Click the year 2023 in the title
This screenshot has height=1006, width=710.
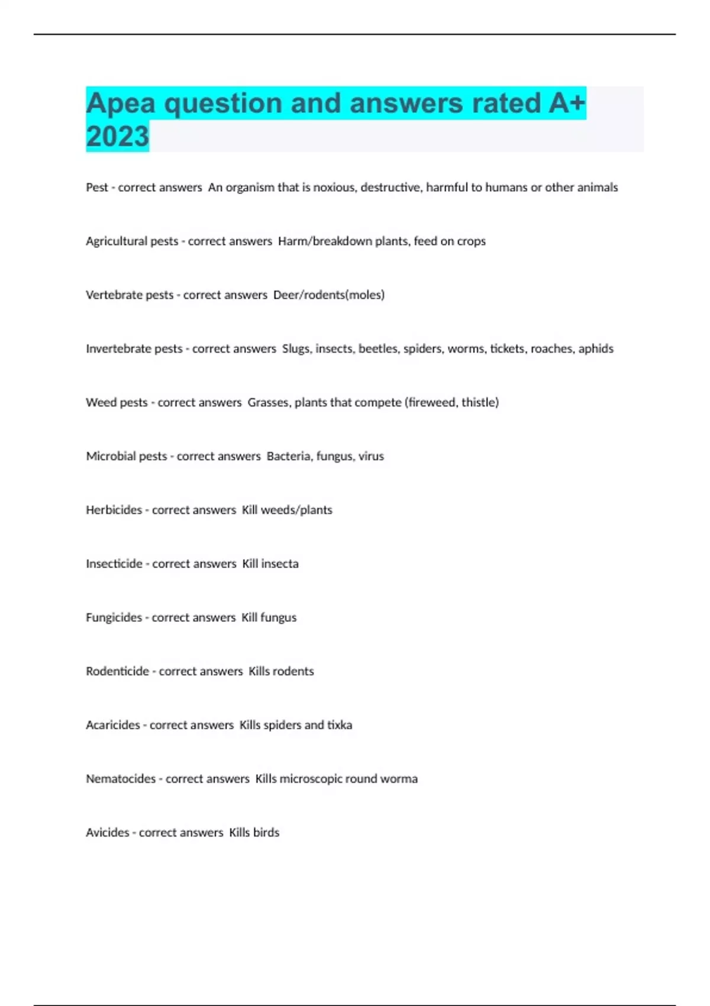[x=117, y=136]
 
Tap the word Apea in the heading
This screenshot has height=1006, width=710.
[x=121, y=104]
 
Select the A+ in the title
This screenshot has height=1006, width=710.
[x=567, y=104]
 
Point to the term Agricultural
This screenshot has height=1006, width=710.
[x=117, y=241]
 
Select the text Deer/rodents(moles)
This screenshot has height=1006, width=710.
[x=329, y=295]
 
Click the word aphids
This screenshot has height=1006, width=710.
[x=596, y=349]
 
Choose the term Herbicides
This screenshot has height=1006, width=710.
[x=114, y=510]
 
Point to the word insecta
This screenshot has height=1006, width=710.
[x=280, y=564]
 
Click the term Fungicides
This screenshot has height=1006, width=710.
[x=114, y=618]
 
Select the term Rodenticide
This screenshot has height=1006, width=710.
[x=117, y=672]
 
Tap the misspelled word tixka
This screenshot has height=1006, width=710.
[x=340, y=726]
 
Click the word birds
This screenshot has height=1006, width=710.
[x=266, y=833]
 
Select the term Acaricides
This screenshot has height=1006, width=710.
[x=113, y=726]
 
